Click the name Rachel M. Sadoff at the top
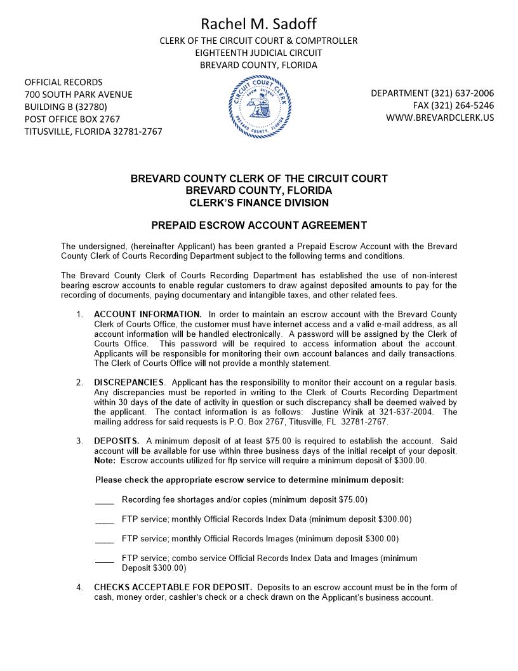(x=258, y=24)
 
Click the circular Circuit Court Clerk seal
(x=259, y=106)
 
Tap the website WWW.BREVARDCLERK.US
(x=439, y=118)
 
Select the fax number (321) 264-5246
(x=453, y=105)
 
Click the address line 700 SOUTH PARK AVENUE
(x=78, y=94)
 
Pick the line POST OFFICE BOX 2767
(x=72, y=119)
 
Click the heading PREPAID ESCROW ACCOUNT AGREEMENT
(x=259, y=225)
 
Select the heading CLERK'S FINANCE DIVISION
(x=259, y=203)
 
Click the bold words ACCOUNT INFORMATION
(x=147, y=314)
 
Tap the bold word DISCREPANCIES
(x=129, y=383)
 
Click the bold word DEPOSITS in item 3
(x=116, y=441)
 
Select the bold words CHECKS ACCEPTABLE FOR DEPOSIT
(x=173, y=587)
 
